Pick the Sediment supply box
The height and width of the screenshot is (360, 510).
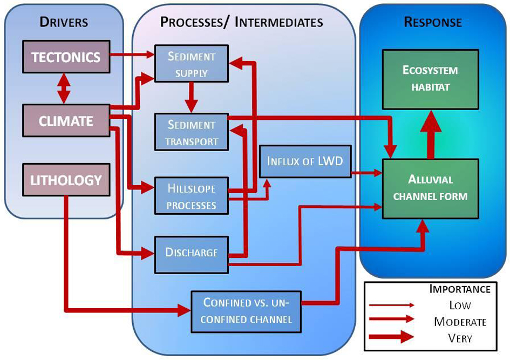191,64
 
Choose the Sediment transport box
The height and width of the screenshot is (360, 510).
191,133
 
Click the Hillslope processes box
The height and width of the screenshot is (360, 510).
191,196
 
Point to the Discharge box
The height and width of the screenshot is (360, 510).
191,252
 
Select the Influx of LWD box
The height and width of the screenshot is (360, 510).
305,161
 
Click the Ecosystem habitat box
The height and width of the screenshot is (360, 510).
430,79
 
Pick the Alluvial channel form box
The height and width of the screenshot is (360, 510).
430,188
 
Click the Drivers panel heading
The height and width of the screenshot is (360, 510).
64,22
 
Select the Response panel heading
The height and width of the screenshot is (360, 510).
433,22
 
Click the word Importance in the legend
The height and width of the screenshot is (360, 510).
460,289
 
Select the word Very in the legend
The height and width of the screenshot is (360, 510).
460,338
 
